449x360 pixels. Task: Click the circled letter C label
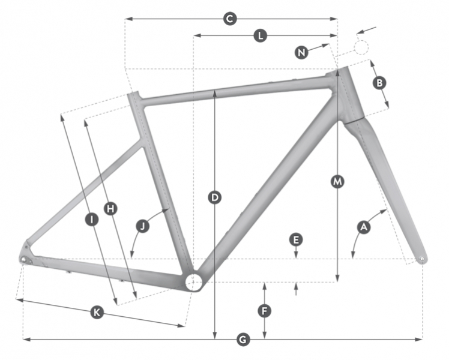230,19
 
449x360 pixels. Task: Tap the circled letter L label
261,36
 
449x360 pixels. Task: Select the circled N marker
301,53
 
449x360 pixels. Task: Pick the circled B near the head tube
379,83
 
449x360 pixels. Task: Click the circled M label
337,181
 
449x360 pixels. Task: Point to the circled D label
215,197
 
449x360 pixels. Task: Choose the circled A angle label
364,227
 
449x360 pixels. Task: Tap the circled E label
296,239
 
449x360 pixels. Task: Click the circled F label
264,311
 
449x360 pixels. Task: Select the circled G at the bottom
243,340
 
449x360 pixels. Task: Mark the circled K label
97,312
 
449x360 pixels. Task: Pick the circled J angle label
143,226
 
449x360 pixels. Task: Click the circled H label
110,209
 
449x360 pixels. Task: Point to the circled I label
92,220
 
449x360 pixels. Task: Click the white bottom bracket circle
193,282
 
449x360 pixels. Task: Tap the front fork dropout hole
422,259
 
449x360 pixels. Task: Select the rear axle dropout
23,259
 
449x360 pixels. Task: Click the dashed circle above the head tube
361,47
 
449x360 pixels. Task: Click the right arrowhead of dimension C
334,19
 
